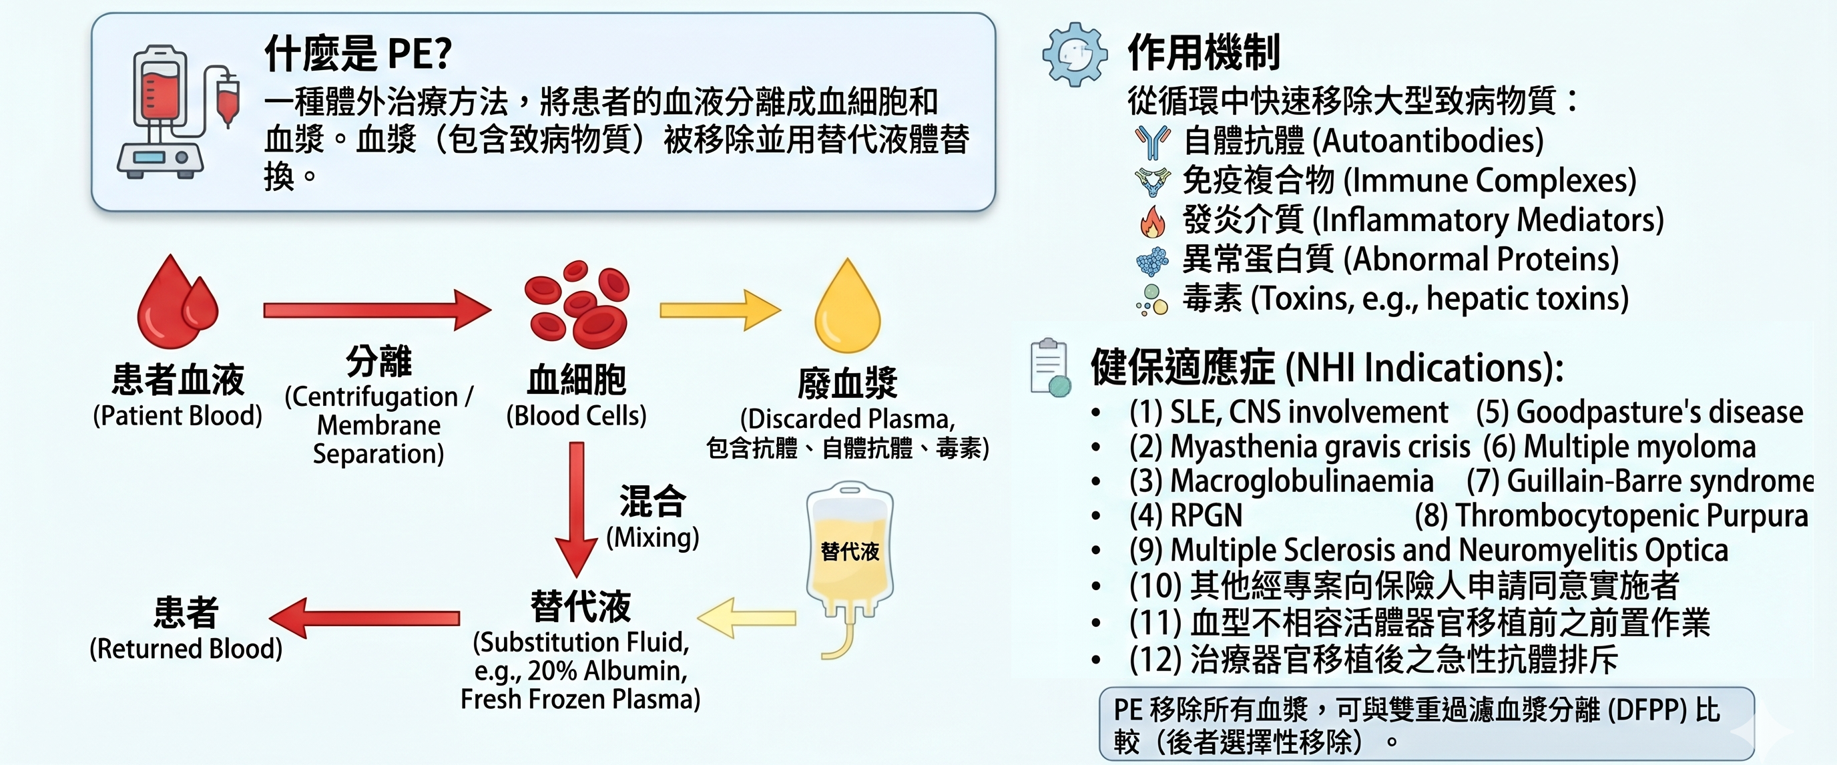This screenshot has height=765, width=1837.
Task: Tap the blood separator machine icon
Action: (x=178, y=111)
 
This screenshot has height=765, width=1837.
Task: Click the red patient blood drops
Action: (x=178, y=302)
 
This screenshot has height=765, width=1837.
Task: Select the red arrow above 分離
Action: (x=377, y=310)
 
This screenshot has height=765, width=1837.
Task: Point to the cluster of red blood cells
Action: (x=577, y=304)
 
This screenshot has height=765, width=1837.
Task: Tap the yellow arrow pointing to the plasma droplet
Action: (x=720, y=310)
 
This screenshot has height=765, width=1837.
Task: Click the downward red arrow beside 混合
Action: (x=576, y=510)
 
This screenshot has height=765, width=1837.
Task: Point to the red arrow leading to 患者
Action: (x=364, y=617)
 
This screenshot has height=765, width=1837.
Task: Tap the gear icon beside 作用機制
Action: (x=1075, y=54)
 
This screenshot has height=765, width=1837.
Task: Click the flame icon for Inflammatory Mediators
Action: (x=1151, y=221)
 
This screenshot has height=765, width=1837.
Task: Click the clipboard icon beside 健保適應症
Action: (x=1051, y=367)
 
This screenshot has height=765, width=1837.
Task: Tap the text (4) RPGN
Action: (x=1186, y=515)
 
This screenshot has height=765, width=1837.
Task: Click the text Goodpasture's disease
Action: (x=1659, y=412)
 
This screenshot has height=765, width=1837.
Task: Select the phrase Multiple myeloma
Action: (x=1639, y=447)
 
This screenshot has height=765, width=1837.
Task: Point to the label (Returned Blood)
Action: (x=186, y=649)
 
